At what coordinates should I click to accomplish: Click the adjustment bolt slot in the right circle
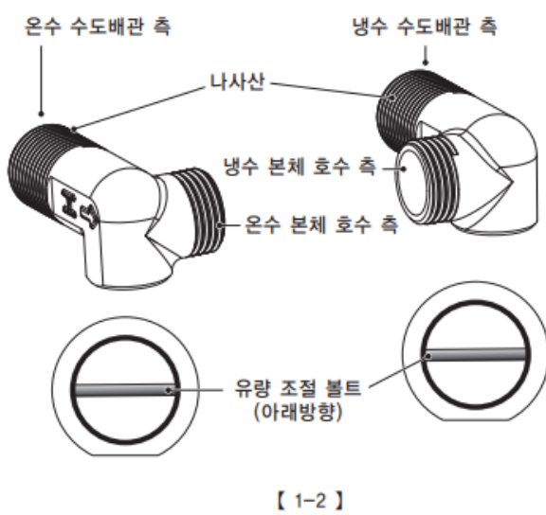475,355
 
